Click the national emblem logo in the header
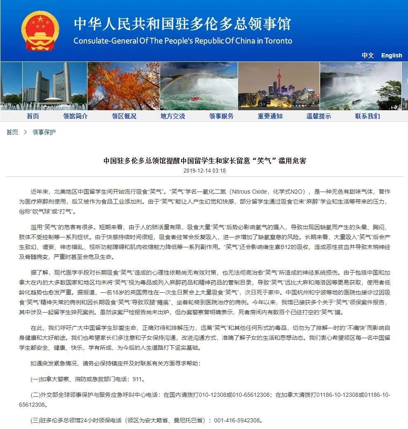click(x=34, y=30)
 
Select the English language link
click(x=391, y=55)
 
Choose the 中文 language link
click(x=368, y=55)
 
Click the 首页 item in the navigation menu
click(x=33, y=116)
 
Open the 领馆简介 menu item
click(x=75, y=116)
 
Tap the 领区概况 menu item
click(x=124, y=116)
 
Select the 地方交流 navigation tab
click(x=172, y=116)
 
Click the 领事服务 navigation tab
click(x=221, y=116)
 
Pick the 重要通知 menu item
click(x=270, y=116)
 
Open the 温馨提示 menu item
click(x=318, y=116)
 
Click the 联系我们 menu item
click(x=367, y=116)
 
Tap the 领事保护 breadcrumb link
click(x=44, y=132)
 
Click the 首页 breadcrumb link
click(x=12, y=132)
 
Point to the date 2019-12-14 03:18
click(x=204, y=171)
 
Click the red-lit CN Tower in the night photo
click(x=279, y=81)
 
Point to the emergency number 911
click(x=139, y=379)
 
